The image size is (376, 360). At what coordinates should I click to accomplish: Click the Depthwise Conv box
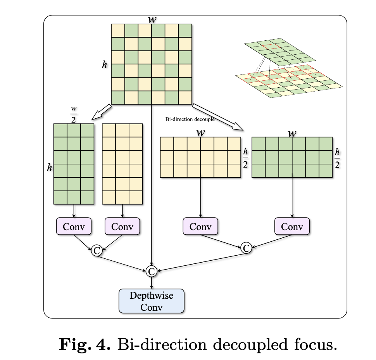coord(151,301)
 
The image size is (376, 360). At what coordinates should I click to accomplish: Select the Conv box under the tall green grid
coord(74,226)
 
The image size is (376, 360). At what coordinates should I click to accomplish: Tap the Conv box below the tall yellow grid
coord(122,226)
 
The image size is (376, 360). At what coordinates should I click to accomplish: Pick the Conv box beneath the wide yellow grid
coord(200,227)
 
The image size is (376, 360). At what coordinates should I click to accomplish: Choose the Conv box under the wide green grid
coord(292,227)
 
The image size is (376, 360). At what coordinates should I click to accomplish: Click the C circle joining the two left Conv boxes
coord(97,251)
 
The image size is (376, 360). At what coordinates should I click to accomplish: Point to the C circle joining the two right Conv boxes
coord(246,247)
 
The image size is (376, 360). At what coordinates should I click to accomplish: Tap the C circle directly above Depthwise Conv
coord(151,271)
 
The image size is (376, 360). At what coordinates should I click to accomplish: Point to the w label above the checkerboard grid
coord(152,19)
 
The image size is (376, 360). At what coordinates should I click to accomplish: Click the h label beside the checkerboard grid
coord(104,65)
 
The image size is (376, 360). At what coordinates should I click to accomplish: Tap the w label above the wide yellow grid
coord(200,132)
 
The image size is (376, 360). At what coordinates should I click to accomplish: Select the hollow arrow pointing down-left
coord(100,112)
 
